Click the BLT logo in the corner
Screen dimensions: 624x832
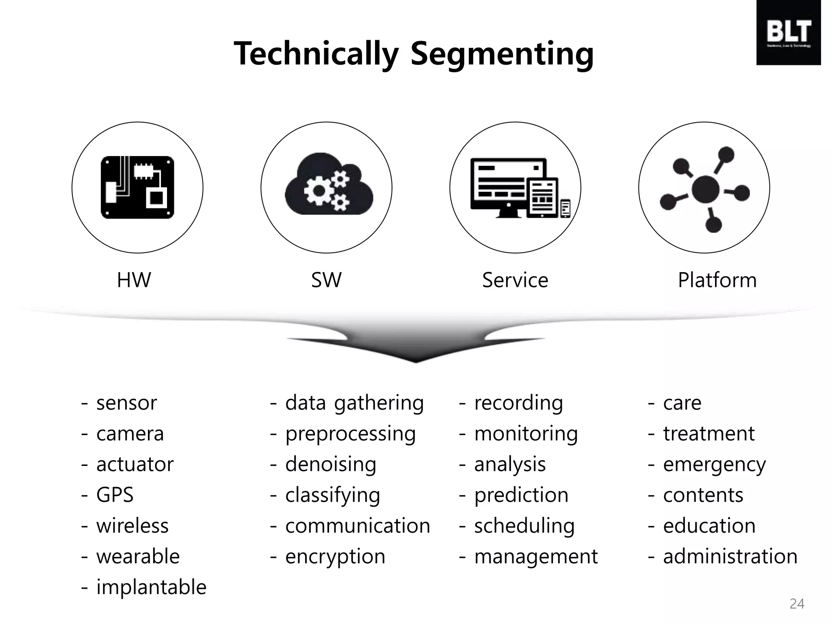[788, 33]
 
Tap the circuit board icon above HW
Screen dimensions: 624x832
[137, 187]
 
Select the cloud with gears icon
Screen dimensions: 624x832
[328, 185]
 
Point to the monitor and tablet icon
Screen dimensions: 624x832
[520, 188]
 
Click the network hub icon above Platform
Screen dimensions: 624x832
[705, 189]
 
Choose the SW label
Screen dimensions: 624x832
[326, 280]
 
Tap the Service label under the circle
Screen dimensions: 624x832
[515, 280]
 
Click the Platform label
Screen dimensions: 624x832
[717, 280]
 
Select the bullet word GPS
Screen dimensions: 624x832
[115, 495]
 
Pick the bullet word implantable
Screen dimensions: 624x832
[151, 587]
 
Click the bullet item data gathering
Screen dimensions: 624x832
[354, 403]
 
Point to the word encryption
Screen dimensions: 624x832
[335, 556]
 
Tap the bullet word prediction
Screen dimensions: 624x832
[521, 495]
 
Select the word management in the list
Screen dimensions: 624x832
[536, 556]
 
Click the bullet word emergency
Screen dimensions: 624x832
[714, 464]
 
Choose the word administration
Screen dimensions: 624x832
[730, 556]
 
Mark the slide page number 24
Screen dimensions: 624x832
[797, 604]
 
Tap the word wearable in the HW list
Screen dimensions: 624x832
[138, 556]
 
